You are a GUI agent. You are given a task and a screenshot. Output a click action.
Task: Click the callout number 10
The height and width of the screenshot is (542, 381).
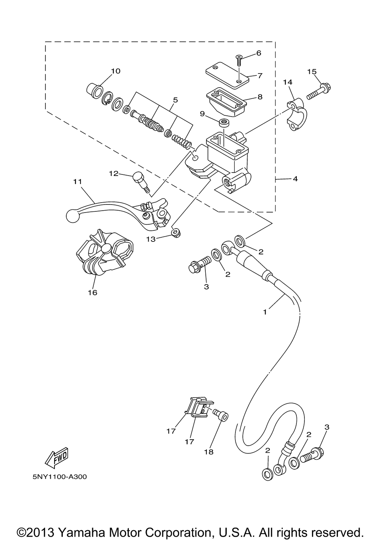(x=116, y=71)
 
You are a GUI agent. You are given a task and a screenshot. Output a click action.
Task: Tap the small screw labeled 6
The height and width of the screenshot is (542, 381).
(x=239, y=61)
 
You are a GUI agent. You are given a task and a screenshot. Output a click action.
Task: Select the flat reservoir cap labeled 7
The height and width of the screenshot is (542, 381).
(x=227, y=75)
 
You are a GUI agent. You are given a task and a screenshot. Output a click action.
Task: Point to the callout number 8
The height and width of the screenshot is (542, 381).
(x=260, y=97)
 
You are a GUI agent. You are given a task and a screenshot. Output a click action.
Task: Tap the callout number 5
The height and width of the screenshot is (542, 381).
(x=175, y=100)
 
